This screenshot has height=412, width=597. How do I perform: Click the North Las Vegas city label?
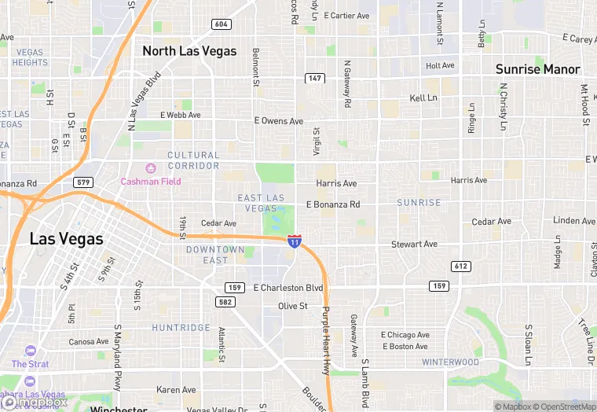point(189,51)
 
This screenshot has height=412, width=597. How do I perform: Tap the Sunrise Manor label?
point(537,69)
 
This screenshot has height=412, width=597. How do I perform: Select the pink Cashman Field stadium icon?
point(150,167)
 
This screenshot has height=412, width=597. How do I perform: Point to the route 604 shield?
point(222,24)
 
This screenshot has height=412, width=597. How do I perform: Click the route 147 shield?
point(315,78)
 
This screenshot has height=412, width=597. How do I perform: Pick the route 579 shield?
point(84,182)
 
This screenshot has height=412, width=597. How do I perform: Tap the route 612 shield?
point(461,267)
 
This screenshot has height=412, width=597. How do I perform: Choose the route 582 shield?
point(226,302)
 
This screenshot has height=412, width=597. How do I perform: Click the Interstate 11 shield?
point(294,241)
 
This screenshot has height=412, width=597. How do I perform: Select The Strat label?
point(30,364)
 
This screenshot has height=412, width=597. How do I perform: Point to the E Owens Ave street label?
point(279,121)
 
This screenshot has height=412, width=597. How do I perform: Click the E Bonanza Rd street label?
point(333,204)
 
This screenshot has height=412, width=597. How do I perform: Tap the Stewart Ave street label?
point(414,245)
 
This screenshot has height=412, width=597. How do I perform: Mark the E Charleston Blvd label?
point(288,288)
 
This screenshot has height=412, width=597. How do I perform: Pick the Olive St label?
point(292,306)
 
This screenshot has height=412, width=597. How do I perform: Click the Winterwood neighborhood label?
point(450,362)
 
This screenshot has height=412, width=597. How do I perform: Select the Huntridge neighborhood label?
point(181,328)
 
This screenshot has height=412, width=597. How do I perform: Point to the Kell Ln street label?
point(423,98)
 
